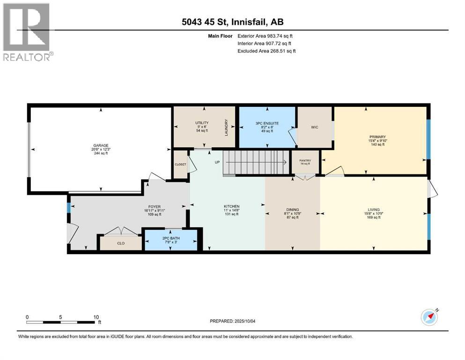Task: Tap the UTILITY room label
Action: [x=202, y=123]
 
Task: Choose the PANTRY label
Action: [x=305, y=161]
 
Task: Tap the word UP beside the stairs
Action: [x=217, y=162]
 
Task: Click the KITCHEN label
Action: [x=231, y=206]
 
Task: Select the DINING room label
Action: [x=293, y=210]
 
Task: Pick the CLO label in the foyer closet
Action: [x=121, y=243]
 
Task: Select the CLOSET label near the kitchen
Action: [x=180, y=165]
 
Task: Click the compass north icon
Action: [x=429, y=317]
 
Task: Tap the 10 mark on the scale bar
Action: [x=96, y=317]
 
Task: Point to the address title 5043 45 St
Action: [x=232, y=22]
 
